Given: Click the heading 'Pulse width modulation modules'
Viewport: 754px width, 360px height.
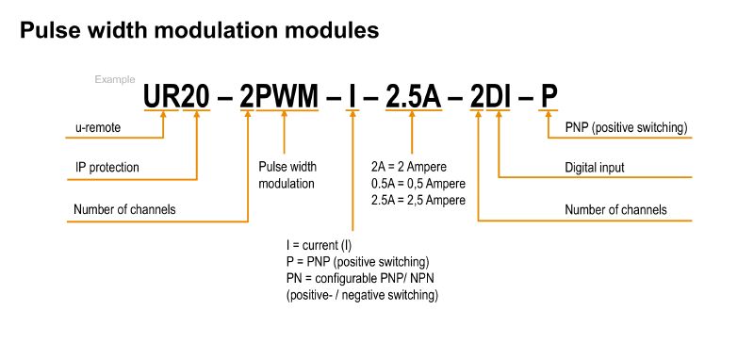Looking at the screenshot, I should (x=199, y=31).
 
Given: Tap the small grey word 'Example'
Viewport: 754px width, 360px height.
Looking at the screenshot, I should (x=115, y=79).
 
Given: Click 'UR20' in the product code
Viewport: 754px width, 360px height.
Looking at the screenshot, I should (x=176, y=96).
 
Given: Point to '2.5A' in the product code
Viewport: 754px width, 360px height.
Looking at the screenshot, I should (x=414, y=96).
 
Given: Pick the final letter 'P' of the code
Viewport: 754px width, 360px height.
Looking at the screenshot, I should (x=549, y=96).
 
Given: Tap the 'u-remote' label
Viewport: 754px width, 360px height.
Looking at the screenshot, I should (x=99, y=127).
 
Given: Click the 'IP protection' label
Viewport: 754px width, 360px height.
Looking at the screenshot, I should (x=107, y=168).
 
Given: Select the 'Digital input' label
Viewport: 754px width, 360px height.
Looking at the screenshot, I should (x=595, y=168).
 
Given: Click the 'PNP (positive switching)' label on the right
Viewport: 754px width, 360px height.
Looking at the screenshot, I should (x=625, y=127).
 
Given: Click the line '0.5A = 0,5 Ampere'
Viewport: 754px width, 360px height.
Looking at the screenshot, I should (x=418, y=183).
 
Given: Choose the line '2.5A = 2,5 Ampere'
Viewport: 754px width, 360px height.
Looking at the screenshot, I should (x=418, y=200).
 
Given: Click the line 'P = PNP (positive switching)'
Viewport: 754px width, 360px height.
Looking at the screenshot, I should (x=357, y=262).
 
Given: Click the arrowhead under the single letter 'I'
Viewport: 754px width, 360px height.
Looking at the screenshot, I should (x=352, y=118).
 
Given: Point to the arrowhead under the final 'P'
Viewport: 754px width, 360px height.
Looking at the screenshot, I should (x=549, y=118).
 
